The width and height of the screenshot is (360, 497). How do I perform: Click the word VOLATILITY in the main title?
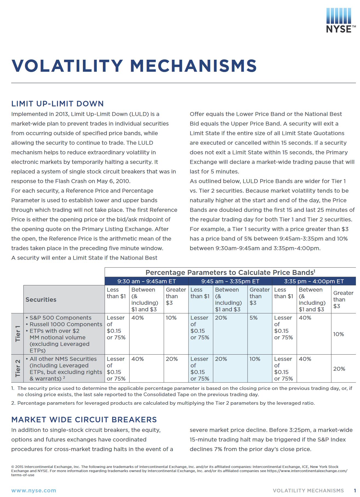click(x=67, y=66)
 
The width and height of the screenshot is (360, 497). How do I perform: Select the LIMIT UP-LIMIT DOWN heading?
click(x=57, y=104)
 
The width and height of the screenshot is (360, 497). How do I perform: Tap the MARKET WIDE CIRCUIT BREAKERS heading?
click(x=84, y=420)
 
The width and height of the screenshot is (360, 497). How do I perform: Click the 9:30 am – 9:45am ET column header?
click(x=146, y=281)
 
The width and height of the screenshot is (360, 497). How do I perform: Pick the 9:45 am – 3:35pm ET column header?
click(x=230, y=281)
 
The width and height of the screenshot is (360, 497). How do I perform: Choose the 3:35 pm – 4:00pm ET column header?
click(x=314, y=281)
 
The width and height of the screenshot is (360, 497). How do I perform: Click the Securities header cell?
click(x=41, y=300)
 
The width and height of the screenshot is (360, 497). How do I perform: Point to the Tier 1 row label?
click(x=18, y=334)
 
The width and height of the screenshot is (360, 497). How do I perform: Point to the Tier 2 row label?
click(x=18, y=368)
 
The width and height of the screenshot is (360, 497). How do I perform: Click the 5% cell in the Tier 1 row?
click(x=253, y=318)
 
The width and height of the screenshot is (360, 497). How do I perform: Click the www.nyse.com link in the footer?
click(x=34, y=490)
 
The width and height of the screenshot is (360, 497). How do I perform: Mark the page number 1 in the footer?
click(x=355, y=490)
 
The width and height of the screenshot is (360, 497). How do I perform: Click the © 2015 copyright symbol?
click(x=13, y=467)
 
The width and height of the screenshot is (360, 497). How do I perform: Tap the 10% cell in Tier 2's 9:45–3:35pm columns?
click(x=255, y=359)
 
